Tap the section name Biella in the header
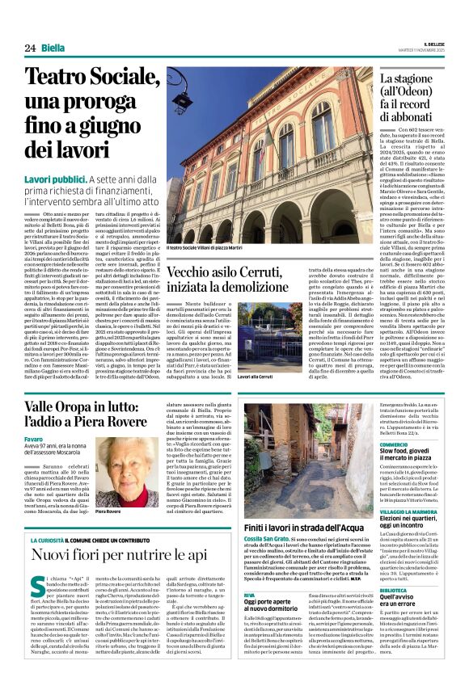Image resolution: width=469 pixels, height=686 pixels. click(x=53, y=48)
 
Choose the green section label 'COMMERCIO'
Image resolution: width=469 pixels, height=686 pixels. click(x=395, y=444)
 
